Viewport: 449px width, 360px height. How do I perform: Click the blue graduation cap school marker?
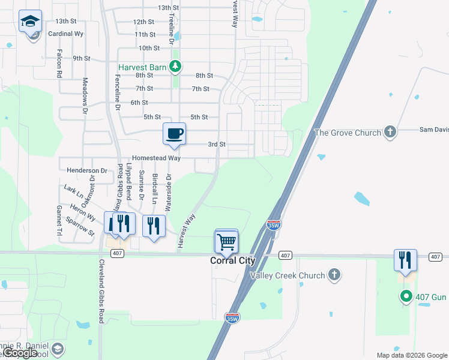30,22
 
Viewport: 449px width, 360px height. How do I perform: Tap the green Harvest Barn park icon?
175,67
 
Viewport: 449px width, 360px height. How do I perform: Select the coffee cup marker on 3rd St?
175,134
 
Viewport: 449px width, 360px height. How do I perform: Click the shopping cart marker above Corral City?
226,242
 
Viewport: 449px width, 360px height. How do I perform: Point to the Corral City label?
233,261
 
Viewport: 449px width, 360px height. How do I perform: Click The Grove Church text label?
348,132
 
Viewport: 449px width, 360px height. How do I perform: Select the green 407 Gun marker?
406,296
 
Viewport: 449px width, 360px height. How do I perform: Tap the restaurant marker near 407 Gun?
405,260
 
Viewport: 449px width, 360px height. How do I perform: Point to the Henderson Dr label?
87,171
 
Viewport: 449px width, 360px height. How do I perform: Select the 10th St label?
149,48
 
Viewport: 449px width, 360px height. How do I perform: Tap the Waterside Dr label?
169,194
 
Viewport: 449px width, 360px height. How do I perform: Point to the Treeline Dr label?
172,29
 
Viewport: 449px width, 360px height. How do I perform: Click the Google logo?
20,353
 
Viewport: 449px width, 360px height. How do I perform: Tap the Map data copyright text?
411,355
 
